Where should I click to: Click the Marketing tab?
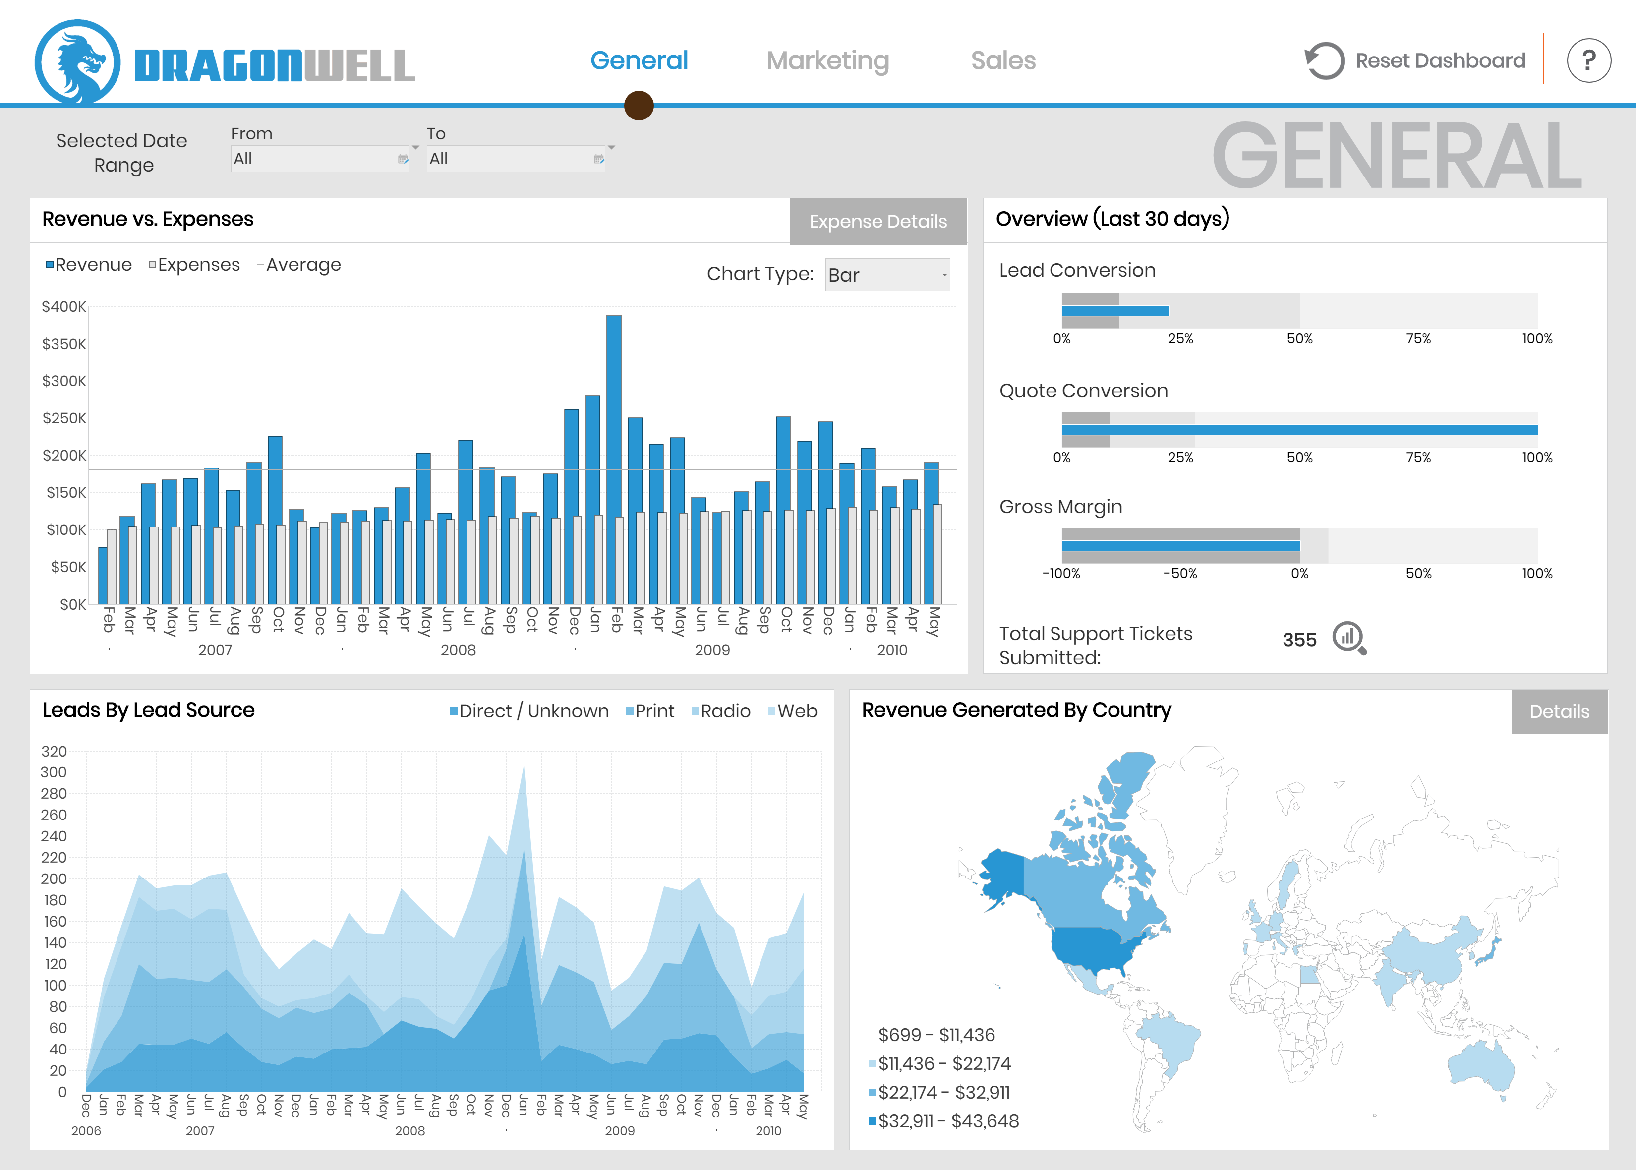(828, 60)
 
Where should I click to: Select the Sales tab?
(1003, 60)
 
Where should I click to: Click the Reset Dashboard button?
(1415, 60)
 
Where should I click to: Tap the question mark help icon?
(1588, 60)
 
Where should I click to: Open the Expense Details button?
(877, 221)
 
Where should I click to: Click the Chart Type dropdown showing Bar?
(887, 275)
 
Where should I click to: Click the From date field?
(319, 159)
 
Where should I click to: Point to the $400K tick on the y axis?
(63, 307)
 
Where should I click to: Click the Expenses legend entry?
(194, 265)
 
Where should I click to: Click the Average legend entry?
(299, 265)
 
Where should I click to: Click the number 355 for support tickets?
(1299, 640)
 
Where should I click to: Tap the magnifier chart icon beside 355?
(1348, 638)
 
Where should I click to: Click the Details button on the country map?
(1559, 712)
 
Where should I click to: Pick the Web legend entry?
(793, 712)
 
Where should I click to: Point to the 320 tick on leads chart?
(54, 752)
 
